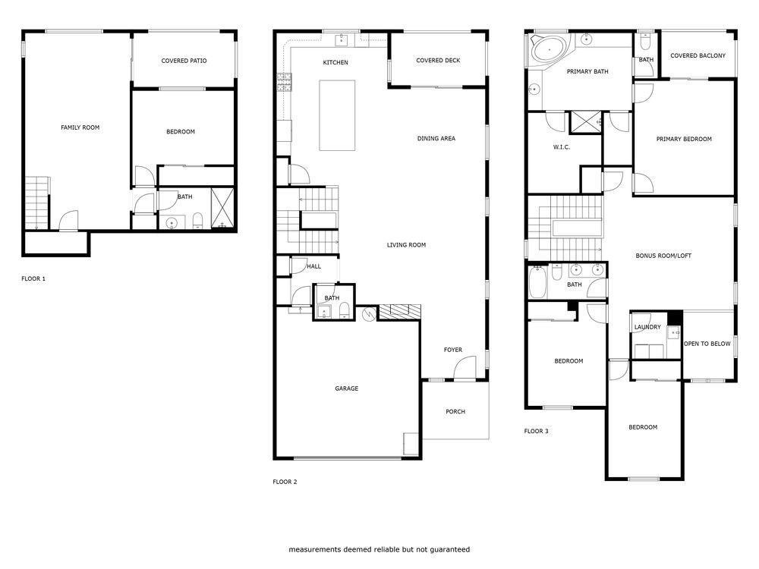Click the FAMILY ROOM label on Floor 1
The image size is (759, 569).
[80, 127]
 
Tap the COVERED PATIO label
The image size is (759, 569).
[184, 61]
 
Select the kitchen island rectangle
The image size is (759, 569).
[337, 115]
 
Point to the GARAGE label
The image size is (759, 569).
[346, 388]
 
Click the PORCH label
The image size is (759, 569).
[455, 411]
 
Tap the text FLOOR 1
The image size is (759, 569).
[33, 278]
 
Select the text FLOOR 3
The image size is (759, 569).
[536, 431]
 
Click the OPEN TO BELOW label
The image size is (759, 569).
[707, 344]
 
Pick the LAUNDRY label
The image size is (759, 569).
[647, 327]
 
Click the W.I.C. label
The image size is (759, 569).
[562, 146]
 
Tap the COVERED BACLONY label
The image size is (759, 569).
[698, 55]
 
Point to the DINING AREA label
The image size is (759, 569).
[436, 138]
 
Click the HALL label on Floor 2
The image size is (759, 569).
[314, 266]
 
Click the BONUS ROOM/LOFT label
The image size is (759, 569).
[663, 256]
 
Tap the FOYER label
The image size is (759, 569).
[453, 350]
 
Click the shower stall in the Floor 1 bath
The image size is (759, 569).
[222, 209]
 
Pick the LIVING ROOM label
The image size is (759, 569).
[406, 245]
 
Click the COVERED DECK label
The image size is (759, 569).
[438, 61]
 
